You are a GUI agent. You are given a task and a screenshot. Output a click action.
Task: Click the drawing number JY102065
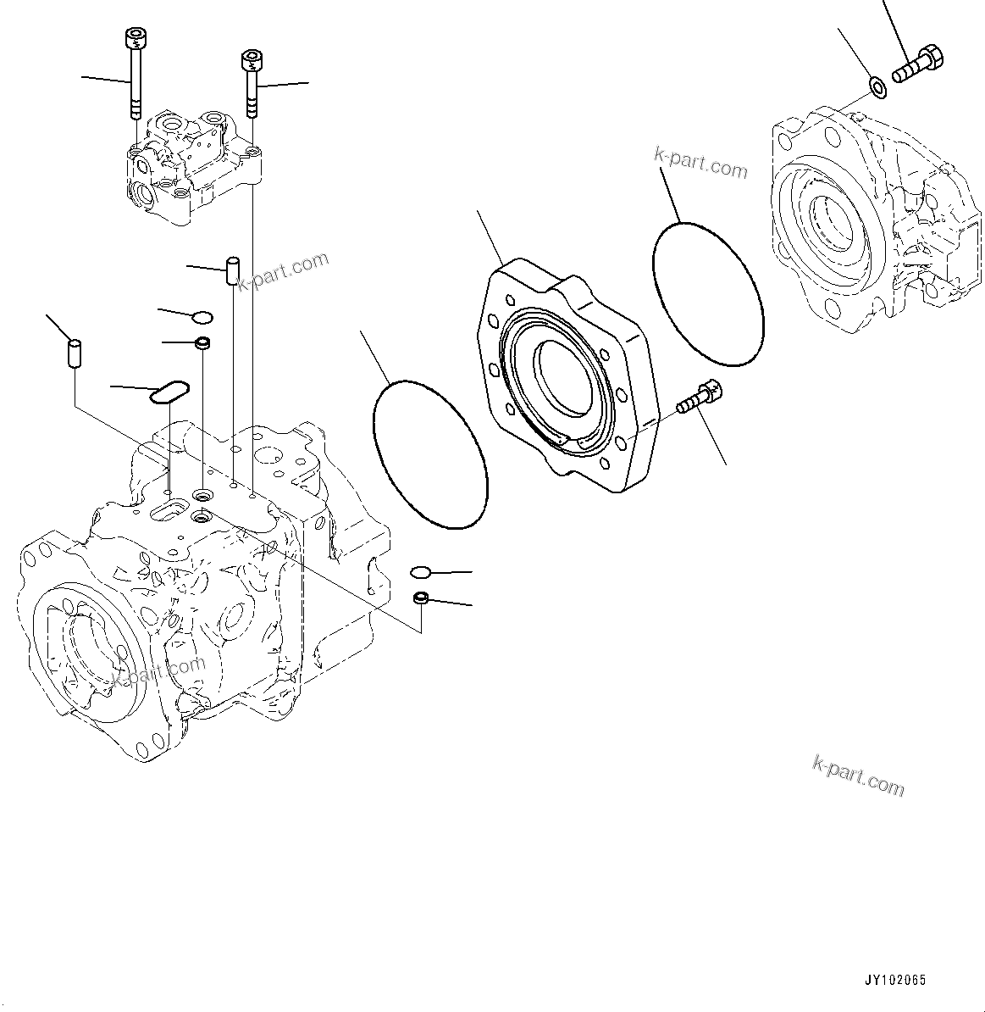click(895, 980)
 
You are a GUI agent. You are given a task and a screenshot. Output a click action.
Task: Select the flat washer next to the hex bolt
click(877, 86)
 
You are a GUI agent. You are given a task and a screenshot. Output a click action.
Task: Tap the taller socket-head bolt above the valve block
click(132, 72)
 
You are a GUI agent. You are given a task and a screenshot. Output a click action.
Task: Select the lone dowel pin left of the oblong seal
click(74, 352)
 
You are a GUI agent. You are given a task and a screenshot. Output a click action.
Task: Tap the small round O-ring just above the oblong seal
click(202, 318)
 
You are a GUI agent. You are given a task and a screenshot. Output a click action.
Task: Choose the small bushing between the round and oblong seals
click(202, 343)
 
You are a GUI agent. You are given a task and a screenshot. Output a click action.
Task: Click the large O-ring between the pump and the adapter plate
click(431, 455)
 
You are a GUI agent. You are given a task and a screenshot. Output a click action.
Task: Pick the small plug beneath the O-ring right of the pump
click(420, 599)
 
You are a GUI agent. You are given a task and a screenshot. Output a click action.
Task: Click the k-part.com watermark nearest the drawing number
click(858, 776)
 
